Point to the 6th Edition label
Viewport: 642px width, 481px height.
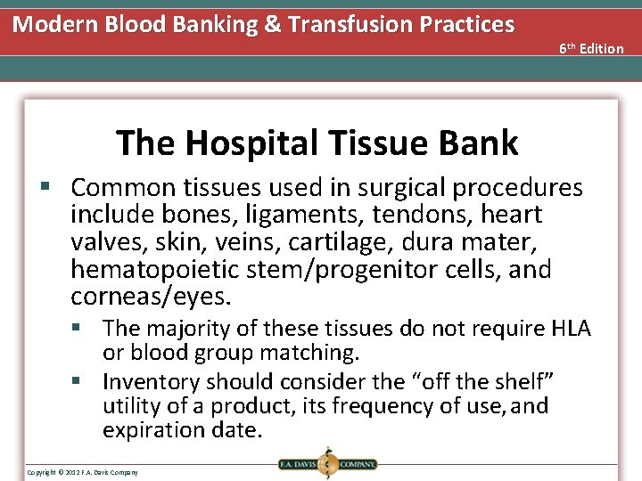click(x=591, y=48)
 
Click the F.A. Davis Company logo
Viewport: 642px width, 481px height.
click(x=325, y=463)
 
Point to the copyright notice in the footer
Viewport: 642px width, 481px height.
click(x=82, y=471)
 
